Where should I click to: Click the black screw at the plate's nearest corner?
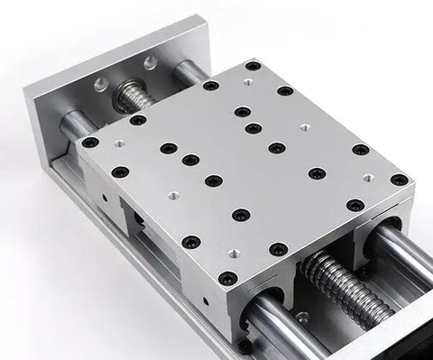click(229, 277)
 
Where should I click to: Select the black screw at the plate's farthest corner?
click(254, 66)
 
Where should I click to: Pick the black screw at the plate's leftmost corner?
click(88, 142)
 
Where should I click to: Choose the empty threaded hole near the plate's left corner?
click(117, 143)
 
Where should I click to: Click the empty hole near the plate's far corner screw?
click(247, 81)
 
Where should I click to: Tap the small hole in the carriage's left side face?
click(106, 193)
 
